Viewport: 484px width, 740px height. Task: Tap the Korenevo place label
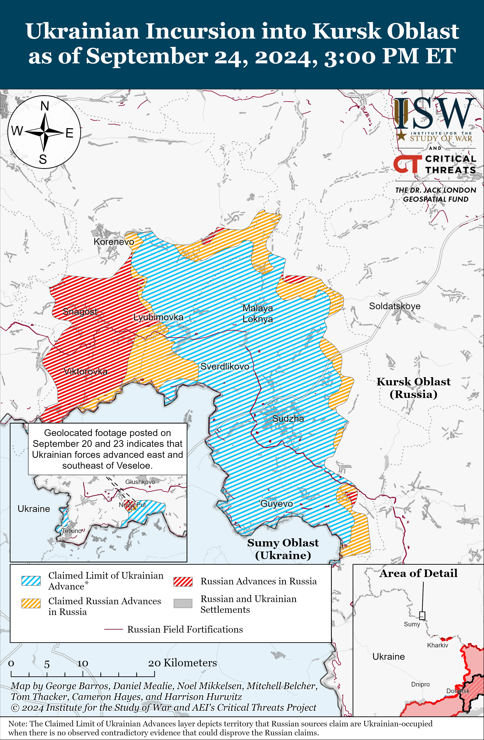[x=114, y=242]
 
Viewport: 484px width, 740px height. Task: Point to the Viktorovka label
[x=86, y=371]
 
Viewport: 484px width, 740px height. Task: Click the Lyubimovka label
[x=158, y=317]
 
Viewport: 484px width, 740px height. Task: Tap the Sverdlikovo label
[x=225, y=366]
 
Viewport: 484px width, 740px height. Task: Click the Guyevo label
[x=277, y=504]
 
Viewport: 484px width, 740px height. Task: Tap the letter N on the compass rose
[x=45, y=106]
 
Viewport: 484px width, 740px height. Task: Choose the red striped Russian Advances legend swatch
[x=183, y=581]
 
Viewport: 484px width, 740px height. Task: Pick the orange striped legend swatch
[x=31, y=603]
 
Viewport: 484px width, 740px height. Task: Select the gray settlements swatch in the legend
[x=183, y=603]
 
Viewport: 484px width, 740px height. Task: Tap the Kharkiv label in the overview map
[x=437, y=645]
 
